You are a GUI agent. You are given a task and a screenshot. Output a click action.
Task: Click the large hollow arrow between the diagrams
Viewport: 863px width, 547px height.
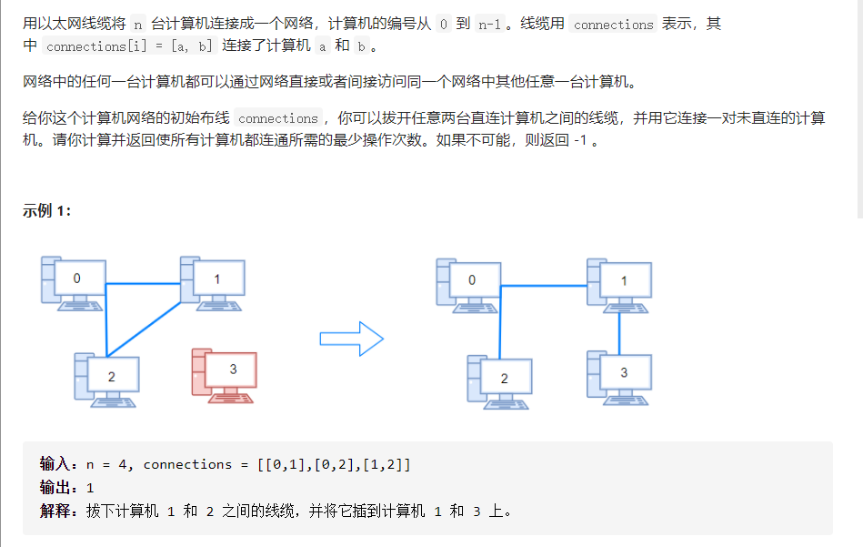point(352,339)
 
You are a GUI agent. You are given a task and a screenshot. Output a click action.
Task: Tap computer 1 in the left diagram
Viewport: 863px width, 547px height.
point(214,281)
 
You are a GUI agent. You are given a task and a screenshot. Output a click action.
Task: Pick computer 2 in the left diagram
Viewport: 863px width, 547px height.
point(108,378)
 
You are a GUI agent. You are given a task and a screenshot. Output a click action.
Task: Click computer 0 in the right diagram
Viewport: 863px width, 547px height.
point(469,282)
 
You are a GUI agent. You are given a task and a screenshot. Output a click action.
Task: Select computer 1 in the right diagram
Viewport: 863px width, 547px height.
point(620,282)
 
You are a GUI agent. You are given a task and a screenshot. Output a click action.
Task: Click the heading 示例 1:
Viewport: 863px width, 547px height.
point(47,211)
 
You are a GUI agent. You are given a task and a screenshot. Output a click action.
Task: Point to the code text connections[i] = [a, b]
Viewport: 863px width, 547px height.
point(129,46)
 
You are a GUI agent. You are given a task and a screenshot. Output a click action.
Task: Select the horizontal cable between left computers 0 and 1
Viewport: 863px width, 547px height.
point(144,285)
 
